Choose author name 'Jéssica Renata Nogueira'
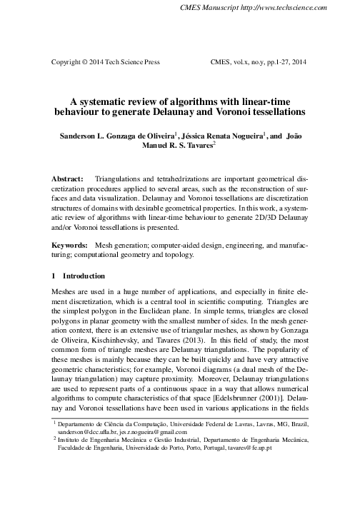coord(222,134)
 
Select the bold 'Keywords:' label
coord(70,244)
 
